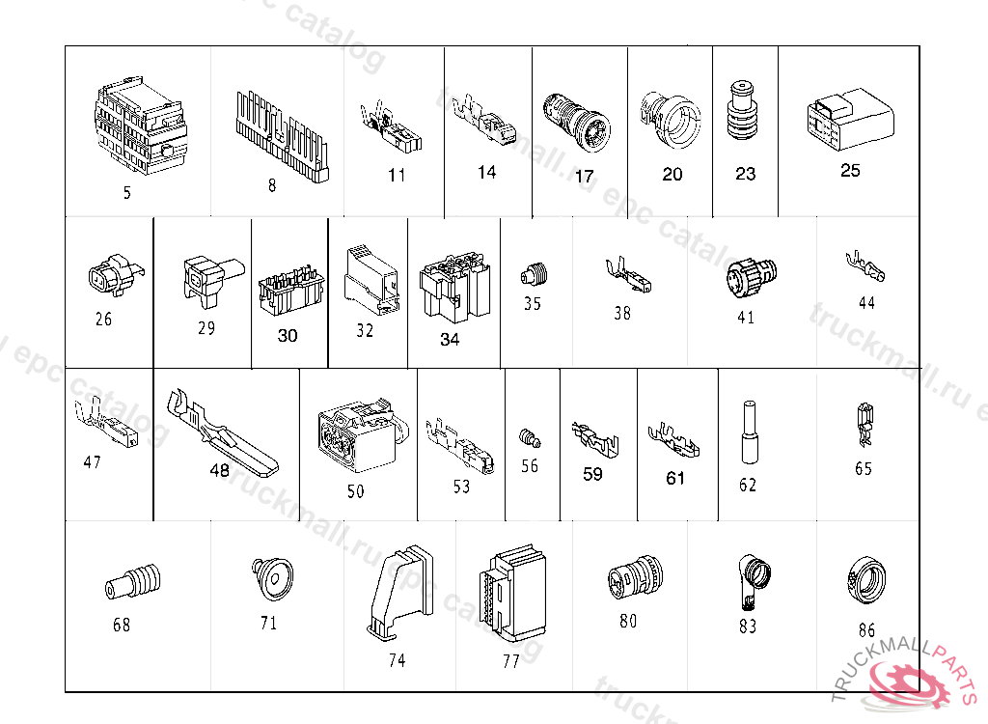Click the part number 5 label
(x=126, y=192)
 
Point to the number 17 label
(x=584, y=177)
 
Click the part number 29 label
(x=206, y=328)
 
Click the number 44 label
(x=866, y=303)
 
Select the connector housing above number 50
(x=355, y=436)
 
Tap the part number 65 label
(x=863, y=468)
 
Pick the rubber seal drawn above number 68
(x=132, y=585)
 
